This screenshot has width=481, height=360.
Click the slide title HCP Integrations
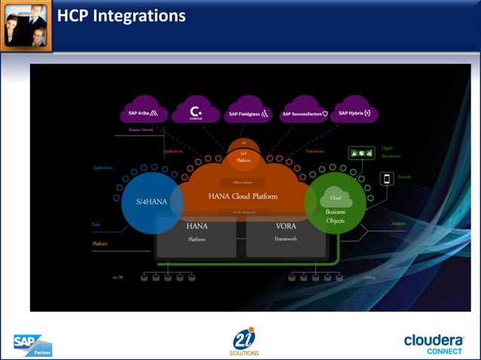[121, 16]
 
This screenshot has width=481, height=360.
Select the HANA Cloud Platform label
[243, 196]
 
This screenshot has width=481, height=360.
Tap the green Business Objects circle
[335, 202]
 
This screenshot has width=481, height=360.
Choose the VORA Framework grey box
[286, 233]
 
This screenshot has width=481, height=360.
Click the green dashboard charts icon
[363, 153]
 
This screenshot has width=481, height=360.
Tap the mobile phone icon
[388, 178]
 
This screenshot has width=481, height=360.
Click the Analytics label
[398, 223]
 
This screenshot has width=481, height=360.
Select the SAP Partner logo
[32, 344]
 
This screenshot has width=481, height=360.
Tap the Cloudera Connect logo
[433, 343]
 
